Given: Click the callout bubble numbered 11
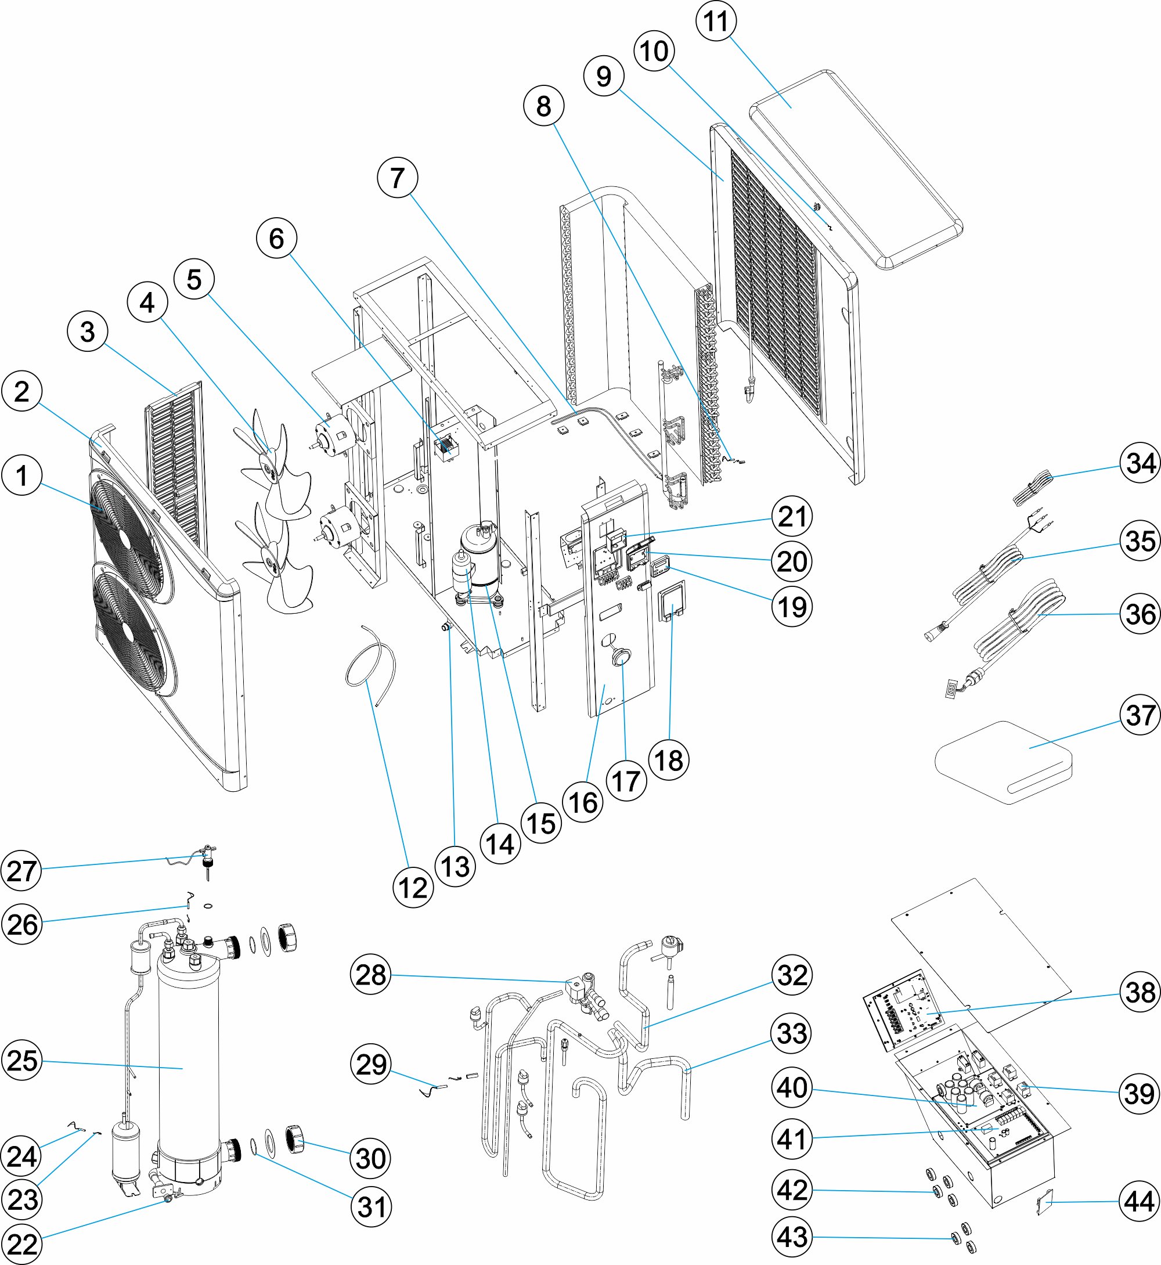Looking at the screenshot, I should (x=716, y=21).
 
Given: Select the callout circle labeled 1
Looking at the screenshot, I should (x=22, y=475).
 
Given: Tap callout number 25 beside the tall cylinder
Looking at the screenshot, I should (x=22, y=1060).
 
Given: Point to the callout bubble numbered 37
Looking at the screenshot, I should (x=1140, y=715).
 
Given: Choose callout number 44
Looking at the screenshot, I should (x=1140, y=1201).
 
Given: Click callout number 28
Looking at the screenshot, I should (x=371, y=975).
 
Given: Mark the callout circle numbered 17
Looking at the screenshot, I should (x=626, y=781).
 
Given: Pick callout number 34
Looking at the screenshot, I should (x=1140, y=463).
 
